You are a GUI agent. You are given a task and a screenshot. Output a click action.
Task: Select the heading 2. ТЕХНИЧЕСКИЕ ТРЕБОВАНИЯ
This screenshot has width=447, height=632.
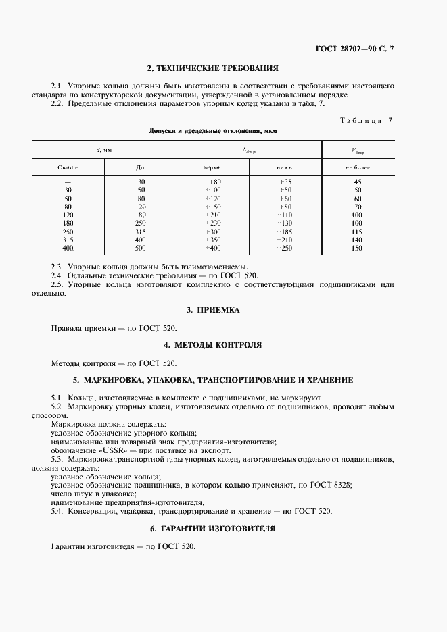(213, 68)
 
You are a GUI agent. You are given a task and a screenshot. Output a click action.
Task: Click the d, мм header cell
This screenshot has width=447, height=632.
(104, 149)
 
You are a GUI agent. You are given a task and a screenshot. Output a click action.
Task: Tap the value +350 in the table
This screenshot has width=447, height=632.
(214, 240)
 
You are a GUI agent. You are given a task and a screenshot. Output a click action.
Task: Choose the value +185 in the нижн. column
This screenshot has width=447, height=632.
(285, 232)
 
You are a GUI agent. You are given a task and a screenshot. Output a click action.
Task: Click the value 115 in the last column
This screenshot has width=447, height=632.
(358, 232)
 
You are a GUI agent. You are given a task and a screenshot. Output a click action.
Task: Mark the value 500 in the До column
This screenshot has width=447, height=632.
(141, 248)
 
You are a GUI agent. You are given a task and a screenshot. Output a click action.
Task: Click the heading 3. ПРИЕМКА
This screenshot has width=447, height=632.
(213, 309)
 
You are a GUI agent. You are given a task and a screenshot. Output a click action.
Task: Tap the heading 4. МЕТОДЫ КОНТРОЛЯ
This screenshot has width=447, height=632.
(213, 345)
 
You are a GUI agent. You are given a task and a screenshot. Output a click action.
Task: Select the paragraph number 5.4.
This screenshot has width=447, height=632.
(57, 511)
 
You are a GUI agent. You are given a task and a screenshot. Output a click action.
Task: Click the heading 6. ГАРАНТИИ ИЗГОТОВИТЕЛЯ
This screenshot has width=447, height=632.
(213, 529)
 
